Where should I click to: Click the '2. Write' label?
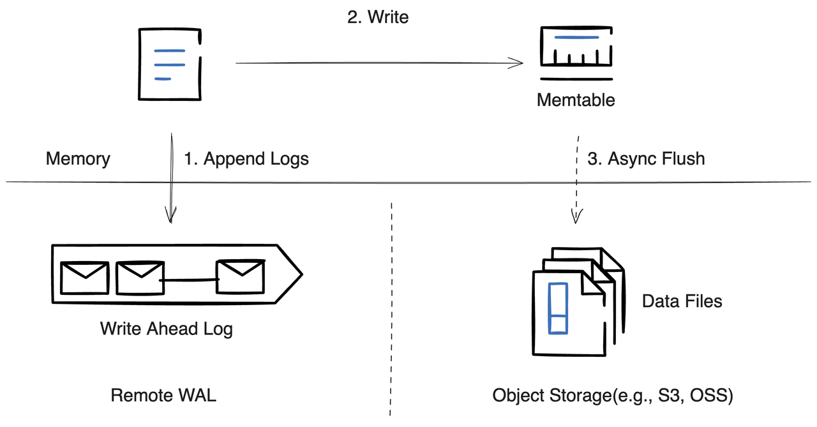tap(378, 17)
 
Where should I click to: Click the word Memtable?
tap(576, 100)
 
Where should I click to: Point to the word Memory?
tap(78, 159)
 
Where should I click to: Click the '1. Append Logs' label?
tap(246, 159)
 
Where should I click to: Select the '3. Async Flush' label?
tap(646, 159)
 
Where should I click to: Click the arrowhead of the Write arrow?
tap(518, 63)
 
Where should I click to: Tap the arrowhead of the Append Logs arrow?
tap(170, 217)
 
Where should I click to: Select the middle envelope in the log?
tap(138, 276)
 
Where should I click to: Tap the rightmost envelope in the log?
tap(239, 276)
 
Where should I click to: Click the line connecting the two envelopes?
tap(188, 280)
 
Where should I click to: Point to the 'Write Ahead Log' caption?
tap(166, 329)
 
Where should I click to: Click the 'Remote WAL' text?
tap(163, 395)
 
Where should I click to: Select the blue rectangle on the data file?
tap(558, 308)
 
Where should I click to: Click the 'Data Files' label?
tap(682, 301)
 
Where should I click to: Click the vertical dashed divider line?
tap(390, 306)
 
